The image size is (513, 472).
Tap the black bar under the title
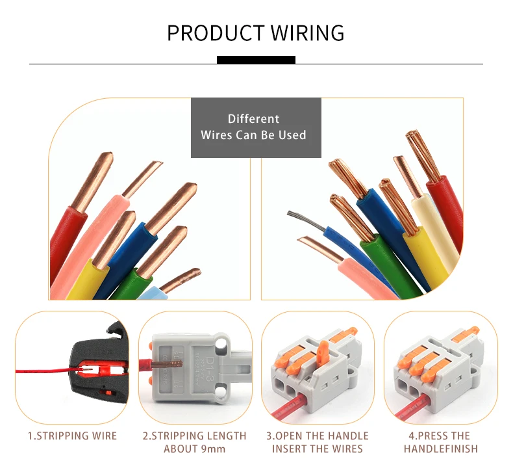256,60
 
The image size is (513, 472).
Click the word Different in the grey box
253,119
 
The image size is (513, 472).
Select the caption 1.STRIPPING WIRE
72,436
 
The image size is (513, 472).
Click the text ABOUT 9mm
194,449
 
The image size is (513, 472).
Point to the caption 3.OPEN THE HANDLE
317,436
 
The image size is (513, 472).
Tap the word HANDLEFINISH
440,449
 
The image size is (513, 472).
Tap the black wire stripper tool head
97,351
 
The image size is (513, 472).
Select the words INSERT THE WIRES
317,449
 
